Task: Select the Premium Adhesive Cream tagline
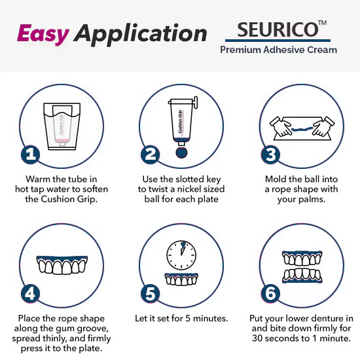click(279, 50)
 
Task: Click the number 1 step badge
click(29, 155)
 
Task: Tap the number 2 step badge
click(151, 155)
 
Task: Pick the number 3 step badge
click(271, 155)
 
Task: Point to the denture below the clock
click(181, 278)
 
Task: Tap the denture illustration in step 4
click(62, 264)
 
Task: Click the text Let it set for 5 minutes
click(181, 319)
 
